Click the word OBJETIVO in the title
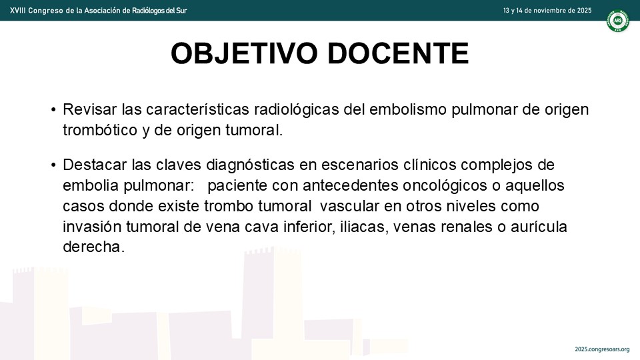(244, 53)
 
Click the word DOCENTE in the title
(398, 53)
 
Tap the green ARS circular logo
(617, 20)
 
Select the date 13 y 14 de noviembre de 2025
(547, 11)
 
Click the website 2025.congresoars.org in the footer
(602, 349)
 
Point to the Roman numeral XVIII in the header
(17, 11)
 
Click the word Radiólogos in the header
(149, 11)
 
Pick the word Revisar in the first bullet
(90, 109)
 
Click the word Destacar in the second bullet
(95, 165)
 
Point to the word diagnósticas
(250, 165)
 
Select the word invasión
(92, 227)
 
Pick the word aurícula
(539, 227)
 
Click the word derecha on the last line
(93, 247)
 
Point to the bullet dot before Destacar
(53, 165)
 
